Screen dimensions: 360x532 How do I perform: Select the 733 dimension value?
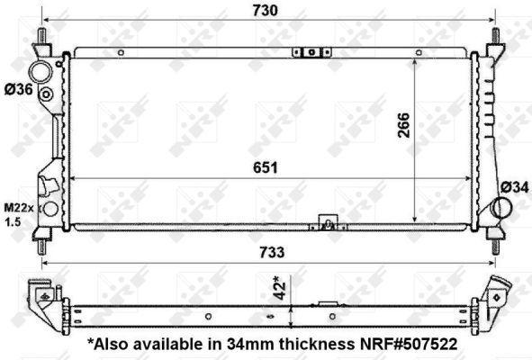pos(266,253)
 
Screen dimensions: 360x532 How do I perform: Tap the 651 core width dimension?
pos(265,167)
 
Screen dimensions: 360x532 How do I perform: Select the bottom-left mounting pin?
pos(42,240)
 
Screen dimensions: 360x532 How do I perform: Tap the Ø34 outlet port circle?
pos(504,208)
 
